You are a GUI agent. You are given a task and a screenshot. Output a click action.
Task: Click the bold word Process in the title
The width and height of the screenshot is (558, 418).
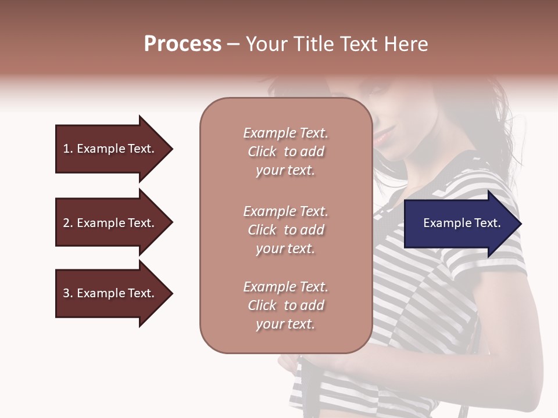tap(183, 44)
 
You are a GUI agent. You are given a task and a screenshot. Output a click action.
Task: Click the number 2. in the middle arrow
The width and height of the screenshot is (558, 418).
tap(68, 223)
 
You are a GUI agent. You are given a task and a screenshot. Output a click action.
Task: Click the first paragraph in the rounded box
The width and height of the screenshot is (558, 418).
tap(285, 152)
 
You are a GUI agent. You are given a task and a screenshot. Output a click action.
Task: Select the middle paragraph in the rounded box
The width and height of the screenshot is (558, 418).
tap(285, 230)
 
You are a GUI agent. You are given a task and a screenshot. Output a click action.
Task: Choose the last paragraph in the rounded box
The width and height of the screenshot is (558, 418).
tap(285, 305)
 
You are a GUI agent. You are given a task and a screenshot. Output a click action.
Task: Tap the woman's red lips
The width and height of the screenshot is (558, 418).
tap(381, 137)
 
